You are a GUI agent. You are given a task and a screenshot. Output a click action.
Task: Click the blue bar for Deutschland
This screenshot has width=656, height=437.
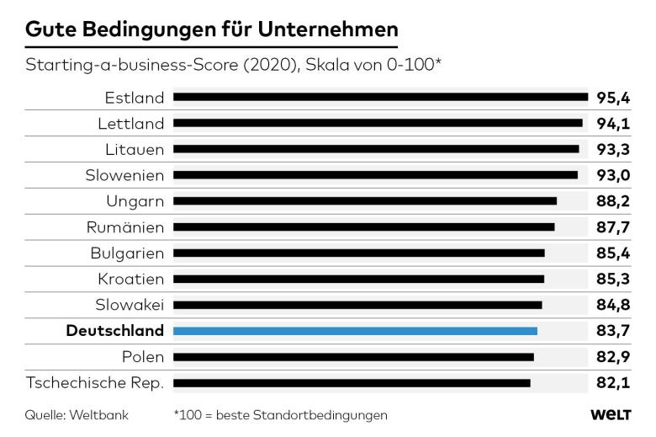tap(355, 331)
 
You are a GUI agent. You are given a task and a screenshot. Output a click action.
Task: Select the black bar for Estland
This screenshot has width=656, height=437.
tap(381, 97)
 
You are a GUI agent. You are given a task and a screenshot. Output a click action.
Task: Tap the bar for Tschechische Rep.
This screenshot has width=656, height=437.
tap(352, 383)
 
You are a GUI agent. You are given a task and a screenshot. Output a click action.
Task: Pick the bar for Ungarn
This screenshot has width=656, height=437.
tap(365, 201)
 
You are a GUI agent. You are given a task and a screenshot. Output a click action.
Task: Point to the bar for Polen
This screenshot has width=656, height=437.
tap(353, 357)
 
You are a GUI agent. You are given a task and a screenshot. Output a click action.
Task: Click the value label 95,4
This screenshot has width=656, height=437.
tap(613, 98)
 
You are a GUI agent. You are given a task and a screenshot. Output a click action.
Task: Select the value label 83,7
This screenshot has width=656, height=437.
tap(613, 331)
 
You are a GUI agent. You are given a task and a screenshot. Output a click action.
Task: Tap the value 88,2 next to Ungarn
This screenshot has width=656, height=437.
tap(613, 201)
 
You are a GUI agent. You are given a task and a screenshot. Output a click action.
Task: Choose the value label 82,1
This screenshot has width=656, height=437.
tap(613, 383)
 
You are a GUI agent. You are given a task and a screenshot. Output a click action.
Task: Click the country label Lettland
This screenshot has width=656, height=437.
tap(131, 124)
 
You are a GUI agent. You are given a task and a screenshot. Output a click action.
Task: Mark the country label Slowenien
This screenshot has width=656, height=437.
tap(124, 175)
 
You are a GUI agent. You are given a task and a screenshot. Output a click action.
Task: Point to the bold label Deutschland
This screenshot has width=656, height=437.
tap(115, 331)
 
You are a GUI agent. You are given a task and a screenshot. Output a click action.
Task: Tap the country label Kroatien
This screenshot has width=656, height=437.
tap(131, 279)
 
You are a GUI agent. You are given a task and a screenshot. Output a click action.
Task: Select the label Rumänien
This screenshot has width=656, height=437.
tap(125, 227)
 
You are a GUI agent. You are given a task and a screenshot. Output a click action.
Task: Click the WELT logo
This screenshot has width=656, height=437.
tap(611, 415)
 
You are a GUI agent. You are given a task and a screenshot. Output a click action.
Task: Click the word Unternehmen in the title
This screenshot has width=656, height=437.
tap(328, 29)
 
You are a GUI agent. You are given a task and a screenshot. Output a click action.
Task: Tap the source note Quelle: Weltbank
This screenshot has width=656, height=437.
tap(77, 415)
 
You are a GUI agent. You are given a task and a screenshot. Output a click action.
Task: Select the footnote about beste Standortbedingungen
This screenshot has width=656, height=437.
tap(281, 415)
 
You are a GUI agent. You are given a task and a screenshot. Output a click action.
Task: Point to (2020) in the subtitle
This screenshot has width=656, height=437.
tap(270, 65)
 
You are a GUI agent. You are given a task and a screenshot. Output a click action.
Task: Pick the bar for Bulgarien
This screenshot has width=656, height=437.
tap(359, 253)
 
